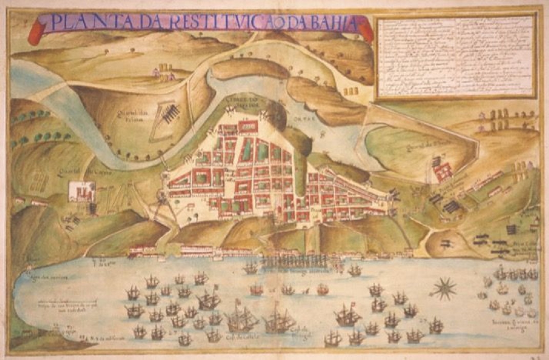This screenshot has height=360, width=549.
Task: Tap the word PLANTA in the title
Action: pyautogui.click(x=82, y=23)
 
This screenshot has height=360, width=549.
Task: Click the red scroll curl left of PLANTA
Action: pyautogui.click(x=36, y=32)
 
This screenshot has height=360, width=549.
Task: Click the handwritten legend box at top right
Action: pyautogui.click(x=455, y=56)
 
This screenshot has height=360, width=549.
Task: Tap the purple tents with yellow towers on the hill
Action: pyautogui.click(x=162, y=72)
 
